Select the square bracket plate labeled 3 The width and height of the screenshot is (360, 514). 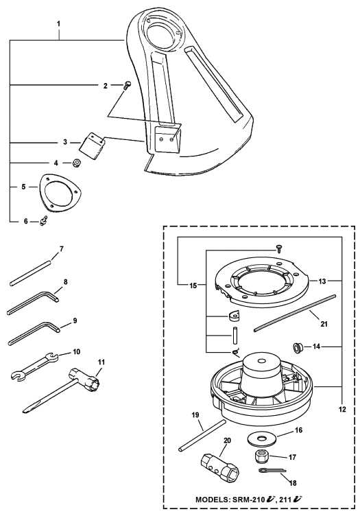pyautogui.click(x=92, y=144)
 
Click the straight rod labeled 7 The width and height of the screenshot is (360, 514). pyautogui.click(x=30, y=269)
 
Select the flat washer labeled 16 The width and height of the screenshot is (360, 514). pyautogui.click(x=262, y=436)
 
